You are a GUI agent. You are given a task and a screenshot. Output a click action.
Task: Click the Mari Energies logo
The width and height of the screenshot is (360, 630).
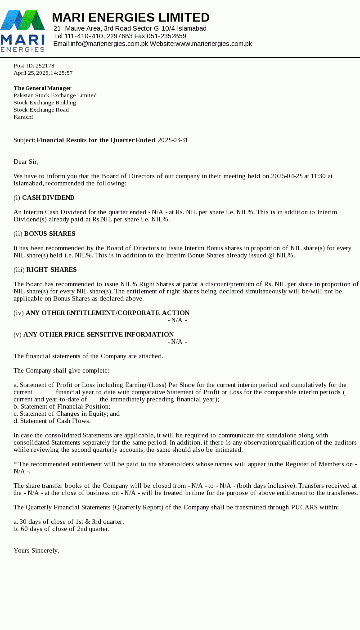click(x=22, y=31)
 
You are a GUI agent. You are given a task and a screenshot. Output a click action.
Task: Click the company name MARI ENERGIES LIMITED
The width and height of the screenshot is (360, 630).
click(x=130, y=18)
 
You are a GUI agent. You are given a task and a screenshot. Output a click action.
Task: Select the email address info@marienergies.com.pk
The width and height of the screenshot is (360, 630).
click(x=109, y=44)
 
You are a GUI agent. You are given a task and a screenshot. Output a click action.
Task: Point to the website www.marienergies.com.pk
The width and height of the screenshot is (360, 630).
click(x=213, y=44)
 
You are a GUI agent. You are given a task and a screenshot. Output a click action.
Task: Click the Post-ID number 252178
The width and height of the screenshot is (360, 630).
click(x=45, y=66)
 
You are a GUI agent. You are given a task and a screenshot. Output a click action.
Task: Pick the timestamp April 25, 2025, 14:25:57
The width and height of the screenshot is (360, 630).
click(x=43, y=73)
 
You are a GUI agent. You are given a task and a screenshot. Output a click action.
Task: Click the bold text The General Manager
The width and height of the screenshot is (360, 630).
click(x=42, y=88)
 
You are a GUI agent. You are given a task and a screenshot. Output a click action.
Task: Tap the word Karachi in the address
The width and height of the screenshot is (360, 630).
click(x=23, y=117)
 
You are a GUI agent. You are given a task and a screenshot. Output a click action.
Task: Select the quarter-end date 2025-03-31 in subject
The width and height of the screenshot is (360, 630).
click(x=172, y=140)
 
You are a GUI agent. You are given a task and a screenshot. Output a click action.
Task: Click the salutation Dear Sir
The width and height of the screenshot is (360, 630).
click(x=26, y=162)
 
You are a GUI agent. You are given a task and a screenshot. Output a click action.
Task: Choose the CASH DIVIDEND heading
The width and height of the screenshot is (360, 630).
click(x=48, y=198)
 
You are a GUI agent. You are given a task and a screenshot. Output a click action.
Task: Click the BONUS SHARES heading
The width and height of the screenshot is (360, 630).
click(x=49, y=234)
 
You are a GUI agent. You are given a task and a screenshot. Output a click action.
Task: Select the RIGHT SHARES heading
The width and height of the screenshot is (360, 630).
click(x=51, y=270)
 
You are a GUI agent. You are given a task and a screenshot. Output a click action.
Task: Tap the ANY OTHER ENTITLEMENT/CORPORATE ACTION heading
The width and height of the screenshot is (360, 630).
click(x=108, y=313)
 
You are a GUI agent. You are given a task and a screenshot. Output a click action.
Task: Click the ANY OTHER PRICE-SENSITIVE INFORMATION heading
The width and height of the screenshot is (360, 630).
click(x=99, y=334)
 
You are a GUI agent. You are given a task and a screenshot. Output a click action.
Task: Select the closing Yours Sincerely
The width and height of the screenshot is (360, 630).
click(x=36, y=550)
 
